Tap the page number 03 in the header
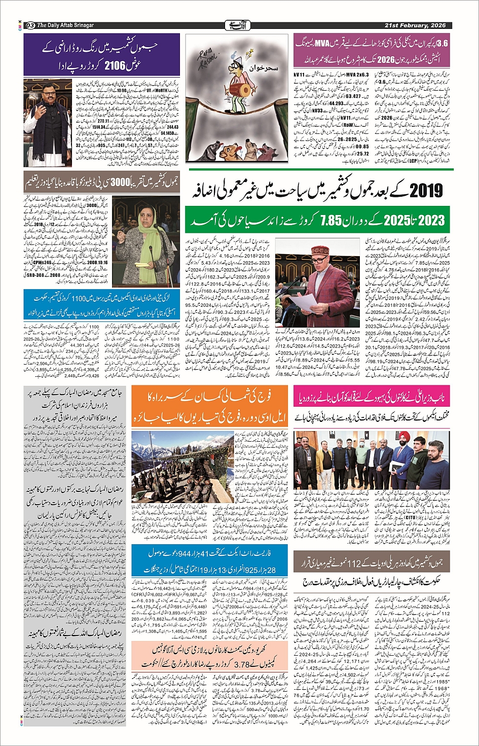30,25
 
